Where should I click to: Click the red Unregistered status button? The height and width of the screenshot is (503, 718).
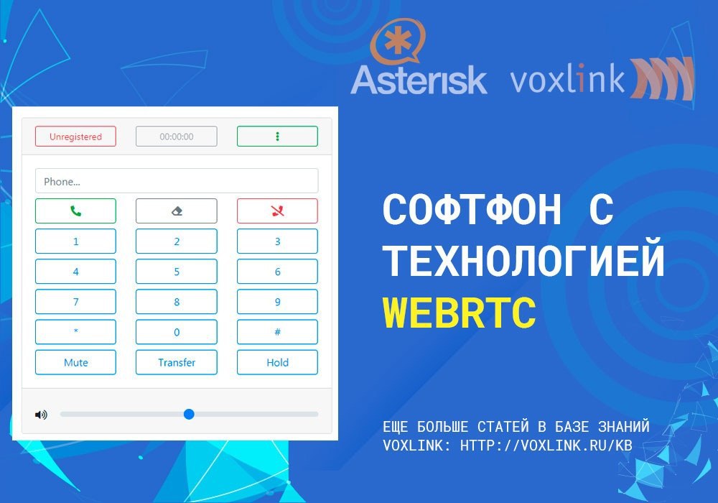[x=75, y=137]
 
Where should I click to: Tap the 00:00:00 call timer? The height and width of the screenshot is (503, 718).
[x=177, y=137]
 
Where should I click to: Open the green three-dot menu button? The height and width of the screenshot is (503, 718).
[x=277, y=137]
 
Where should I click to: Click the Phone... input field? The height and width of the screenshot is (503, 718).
[x=177, y=181]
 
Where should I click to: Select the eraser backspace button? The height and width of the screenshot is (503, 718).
[x=177, y=211]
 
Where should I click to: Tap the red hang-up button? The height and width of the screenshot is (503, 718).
[x=277, y=211]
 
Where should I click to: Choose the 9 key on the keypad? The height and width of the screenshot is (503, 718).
[x=277, y=302]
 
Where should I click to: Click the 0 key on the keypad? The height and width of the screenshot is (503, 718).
[x=177, y=332]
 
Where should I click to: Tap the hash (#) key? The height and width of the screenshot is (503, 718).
[x=277, y=332]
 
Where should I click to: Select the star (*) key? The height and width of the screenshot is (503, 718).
[x=75, y=332]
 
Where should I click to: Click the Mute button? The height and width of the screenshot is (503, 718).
[x=75, y=362]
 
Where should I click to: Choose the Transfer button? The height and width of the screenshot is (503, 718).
[x=177, y=362]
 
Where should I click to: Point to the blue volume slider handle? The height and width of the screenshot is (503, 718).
[x=189, y=414]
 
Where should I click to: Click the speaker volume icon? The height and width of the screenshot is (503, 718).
[x=41, y=415]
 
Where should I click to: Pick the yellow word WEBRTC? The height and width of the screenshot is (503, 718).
[x=460, y=313]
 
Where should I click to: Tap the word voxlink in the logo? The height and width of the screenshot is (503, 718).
[x=567, y=79]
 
